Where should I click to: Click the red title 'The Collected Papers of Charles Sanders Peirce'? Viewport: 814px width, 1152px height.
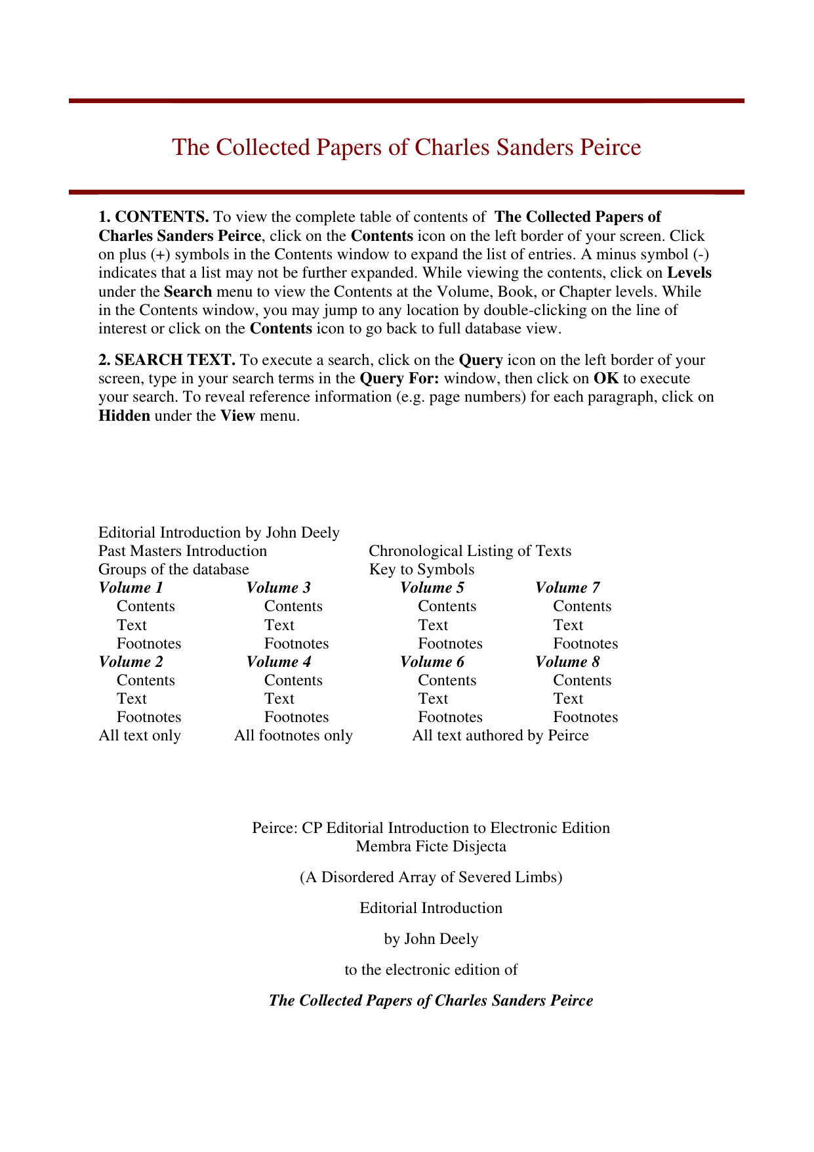[x=406, y=147]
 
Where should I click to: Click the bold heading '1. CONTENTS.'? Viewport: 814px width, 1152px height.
[x=153, y=217]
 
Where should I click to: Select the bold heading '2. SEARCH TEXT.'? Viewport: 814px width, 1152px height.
[x=167, y=360]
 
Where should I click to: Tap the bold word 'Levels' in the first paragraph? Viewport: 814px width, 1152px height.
[x=689, y=272]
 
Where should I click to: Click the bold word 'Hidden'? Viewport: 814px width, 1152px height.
[x=124, y=416]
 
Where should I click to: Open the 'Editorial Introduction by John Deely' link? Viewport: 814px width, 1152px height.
[x=219, y=532]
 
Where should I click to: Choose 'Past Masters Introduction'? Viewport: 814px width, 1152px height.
[x=182, y=551]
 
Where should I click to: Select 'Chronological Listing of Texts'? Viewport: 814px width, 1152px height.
[x=470, y=551]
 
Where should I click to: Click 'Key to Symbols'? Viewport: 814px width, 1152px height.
[x=421, y=569]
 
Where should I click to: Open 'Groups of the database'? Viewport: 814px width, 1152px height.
[x=174, y=569]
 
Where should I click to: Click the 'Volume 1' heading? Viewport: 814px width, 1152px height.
[x=131, y=587]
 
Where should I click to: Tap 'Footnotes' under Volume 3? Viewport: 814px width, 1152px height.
[x=296, y=643]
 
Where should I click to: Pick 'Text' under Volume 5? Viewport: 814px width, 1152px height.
[x=433, y=625]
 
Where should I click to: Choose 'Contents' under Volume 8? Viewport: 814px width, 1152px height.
[x=582, y=680]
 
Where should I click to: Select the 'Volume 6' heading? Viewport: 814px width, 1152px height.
[x=432, y=662]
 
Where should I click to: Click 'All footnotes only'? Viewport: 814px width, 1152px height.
[x=293, y=735]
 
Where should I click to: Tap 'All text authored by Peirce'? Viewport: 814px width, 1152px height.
[x=500, y=735]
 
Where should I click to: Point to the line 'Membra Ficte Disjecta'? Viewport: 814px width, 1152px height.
[x=431, y=846]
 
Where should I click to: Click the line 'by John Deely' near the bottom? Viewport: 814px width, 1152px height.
[x=431, y=939]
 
